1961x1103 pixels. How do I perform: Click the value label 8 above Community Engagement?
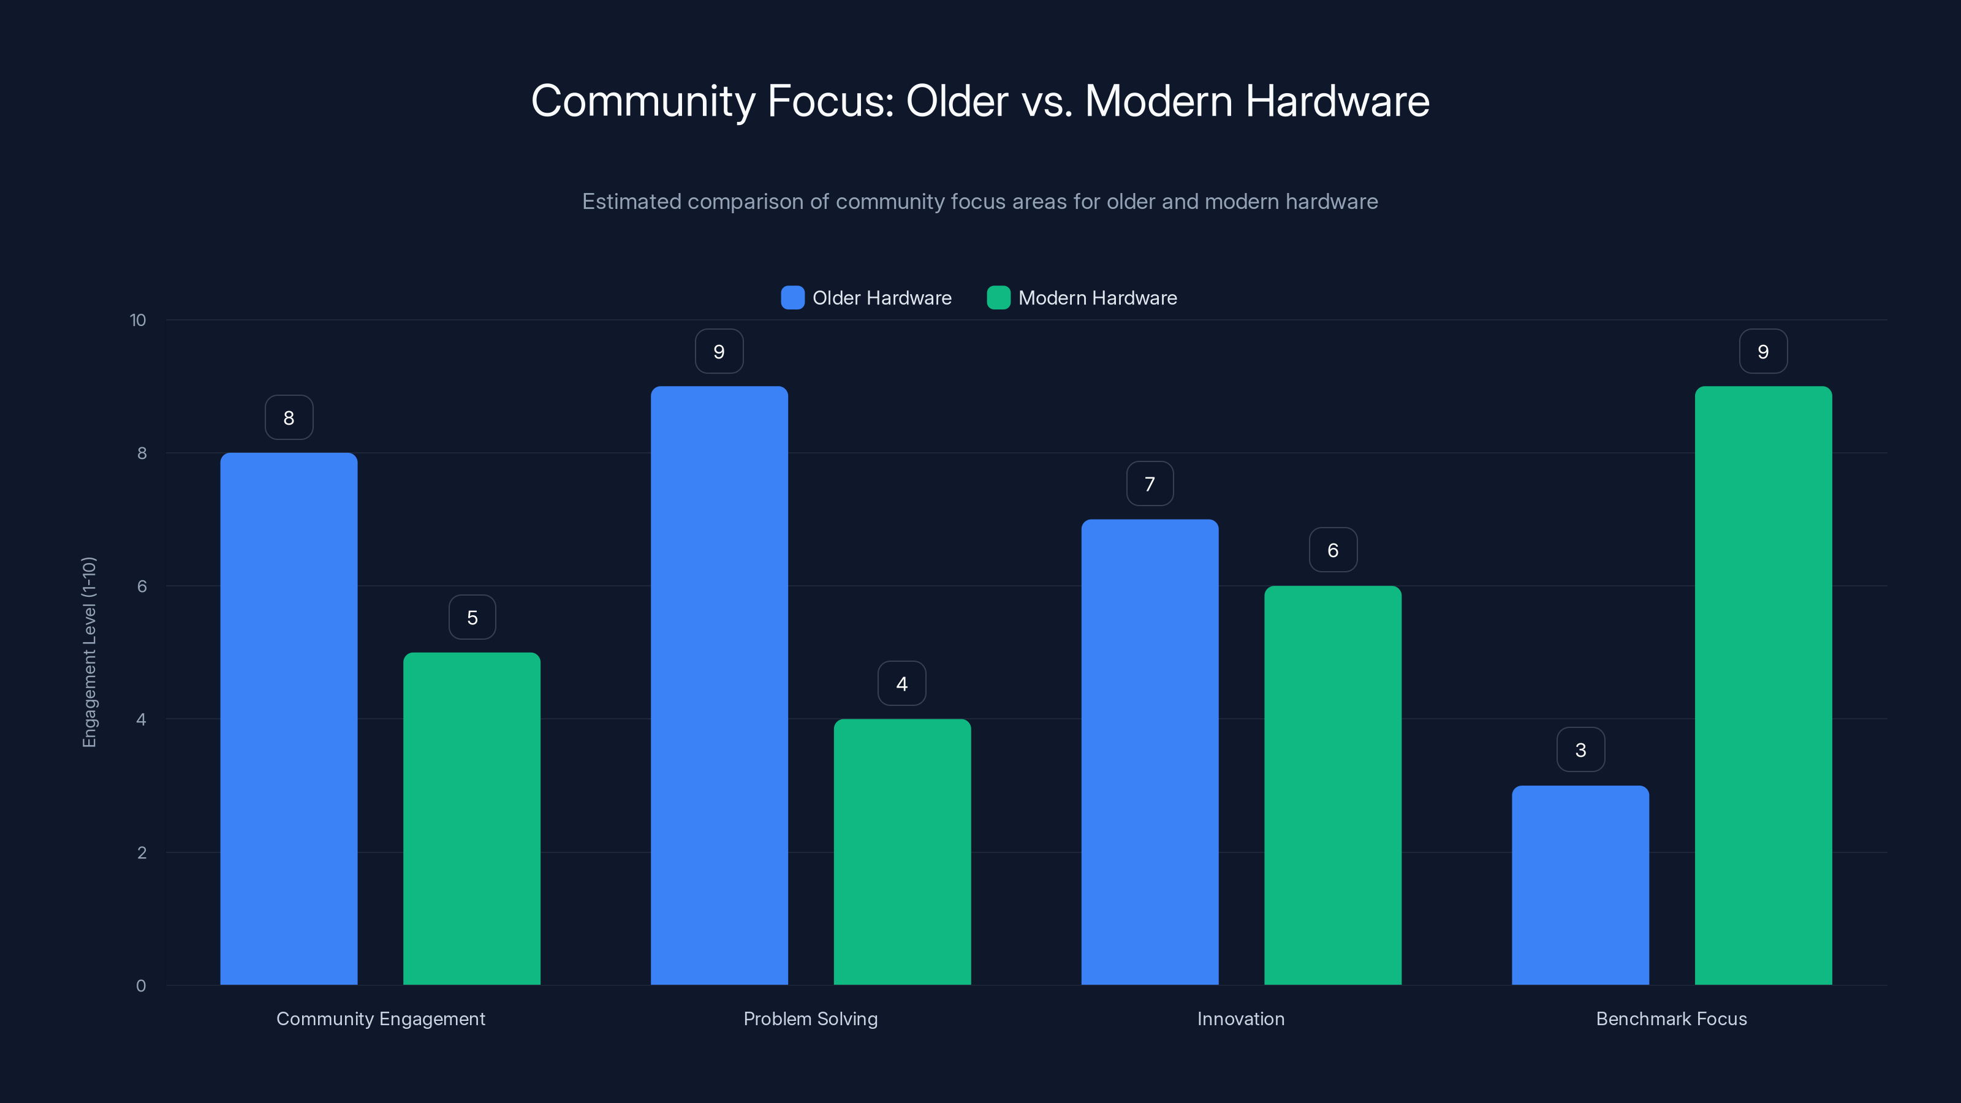(289, 417)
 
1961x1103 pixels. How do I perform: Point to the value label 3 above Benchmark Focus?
(1580, 750)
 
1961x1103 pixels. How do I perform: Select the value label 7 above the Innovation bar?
(1150, 483)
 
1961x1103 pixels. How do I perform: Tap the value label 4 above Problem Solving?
(902, 684)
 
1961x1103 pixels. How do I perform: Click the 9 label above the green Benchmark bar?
(1763, 351)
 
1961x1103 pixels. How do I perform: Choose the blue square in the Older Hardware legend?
(792, 298)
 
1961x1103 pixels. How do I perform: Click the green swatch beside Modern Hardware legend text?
(998, 298)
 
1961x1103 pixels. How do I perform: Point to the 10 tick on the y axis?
(138, 320)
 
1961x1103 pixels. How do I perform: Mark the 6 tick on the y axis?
(142, 586)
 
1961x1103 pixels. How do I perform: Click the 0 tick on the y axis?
(141, 986)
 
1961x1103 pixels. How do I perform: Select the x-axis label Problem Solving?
(810, 1018)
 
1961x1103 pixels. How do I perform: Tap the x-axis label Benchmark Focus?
(1671, 1018)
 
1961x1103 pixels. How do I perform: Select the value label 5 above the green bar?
(472, 617)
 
